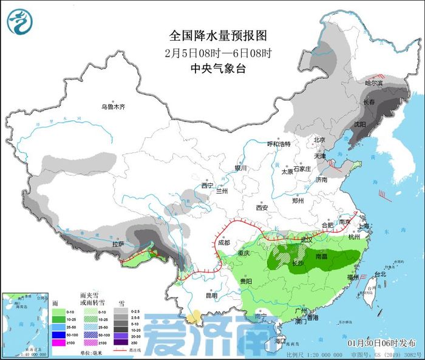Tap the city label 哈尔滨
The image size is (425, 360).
click(373, 83)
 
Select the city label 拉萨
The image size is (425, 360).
click(118, 244)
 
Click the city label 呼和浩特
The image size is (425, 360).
click(279, 144)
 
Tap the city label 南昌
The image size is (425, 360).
click(322, 257)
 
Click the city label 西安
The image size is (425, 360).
click(262, 208)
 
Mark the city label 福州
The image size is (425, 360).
click(352, 277)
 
